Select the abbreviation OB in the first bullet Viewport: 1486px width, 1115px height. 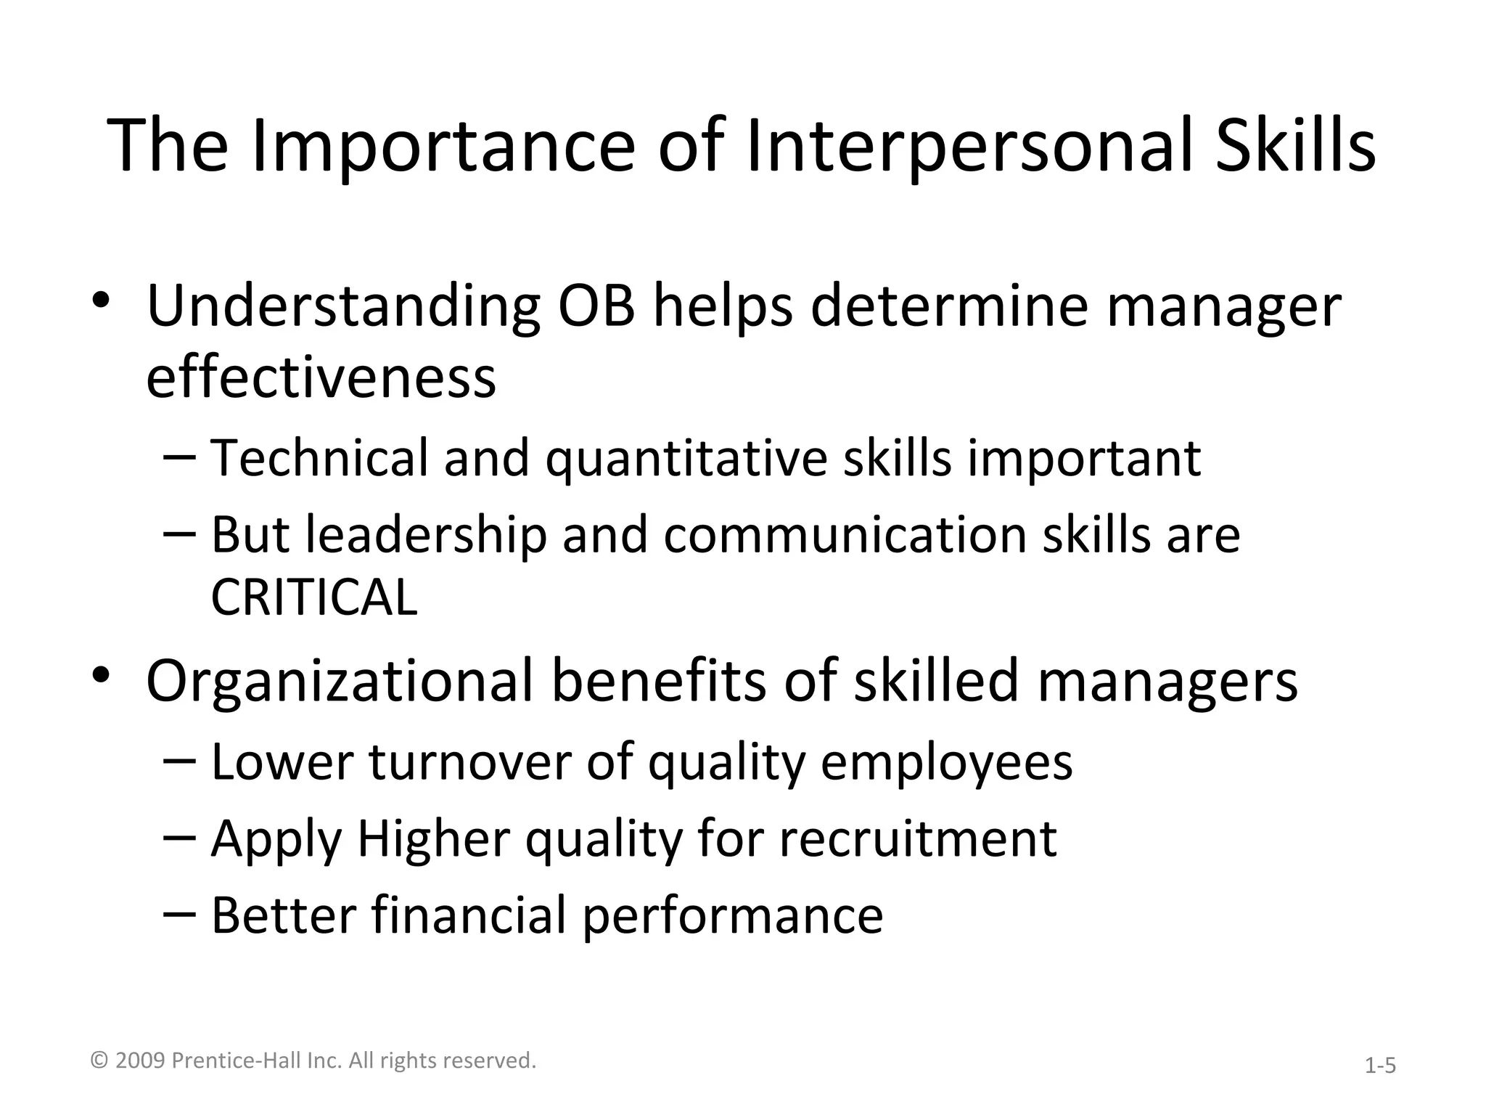(596, 306)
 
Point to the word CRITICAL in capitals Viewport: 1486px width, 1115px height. (314, 597)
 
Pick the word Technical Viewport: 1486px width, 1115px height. (319, 458)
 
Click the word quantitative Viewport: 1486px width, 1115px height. (686, 460)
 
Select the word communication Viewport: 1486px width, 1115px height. (844, 535)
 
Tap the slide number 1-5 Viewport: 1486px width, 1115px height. (1380, 1066)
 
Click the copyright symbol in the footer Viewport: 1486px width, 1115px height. (100, 1061)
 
